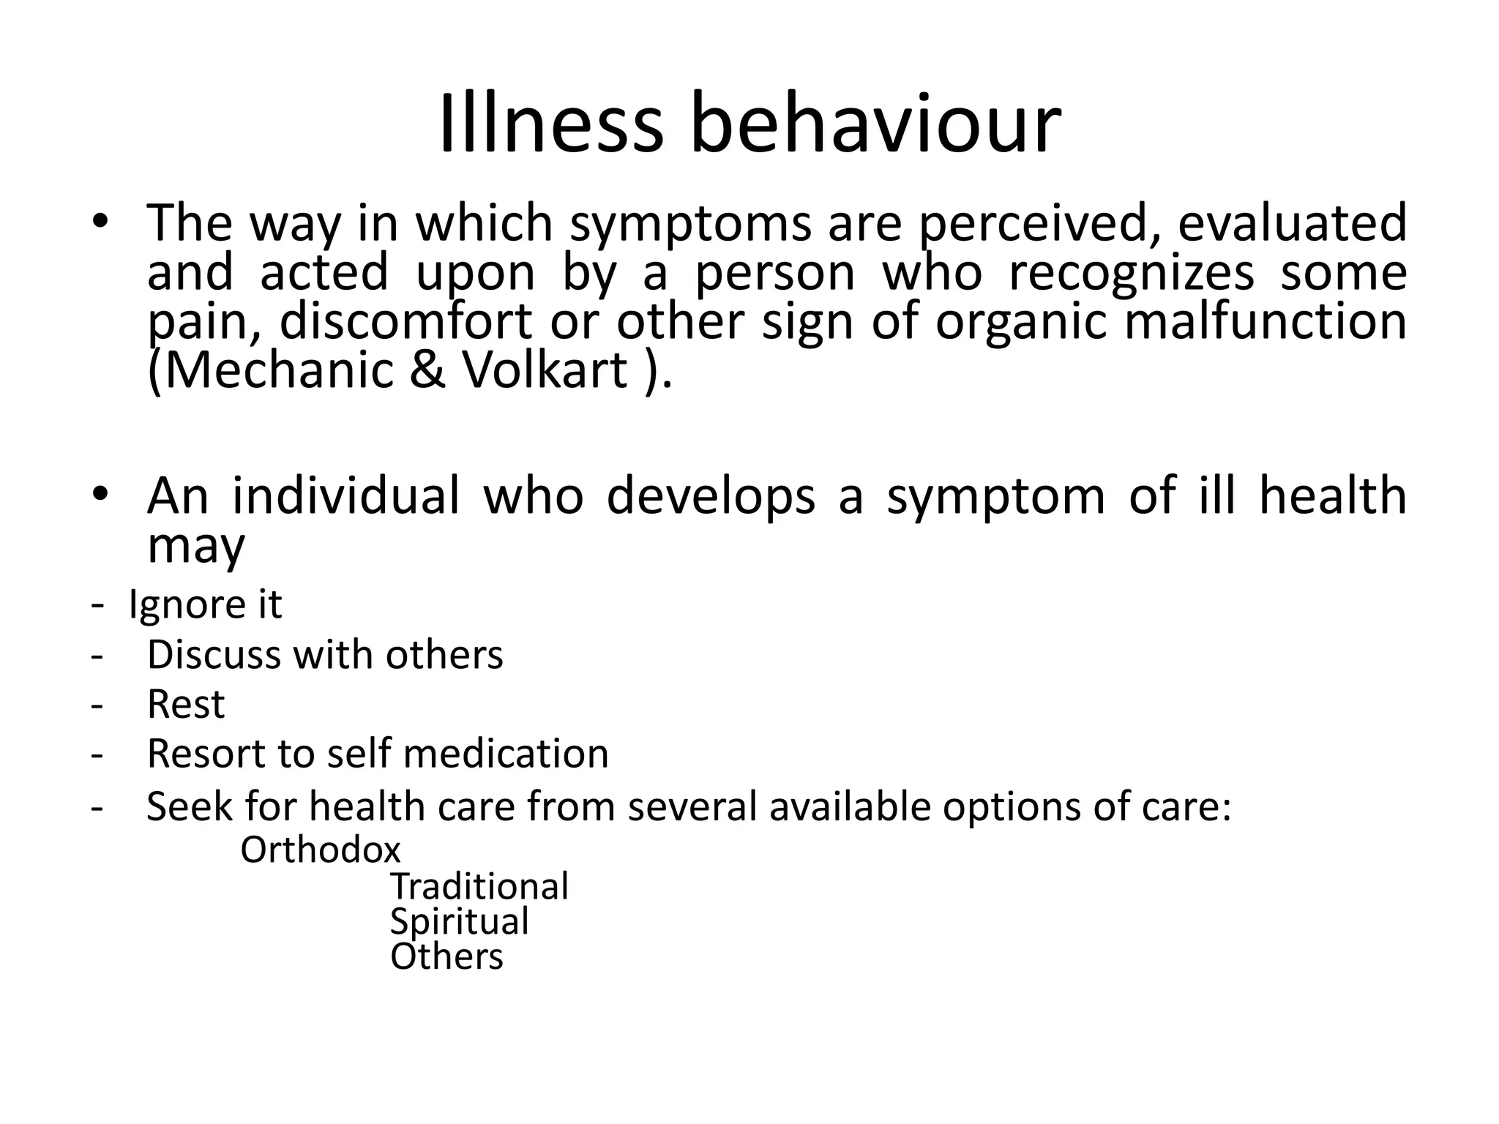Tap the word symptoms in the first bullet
(x=690, y=223)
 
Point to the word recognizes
(x=1131, y=271)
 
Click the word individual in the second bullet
(x=346, y=495)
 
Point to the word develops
(x=711, y=495)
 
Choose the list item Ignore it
(x=205, y=604)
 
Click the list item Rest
(x=186, y=704)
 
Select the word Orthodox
(x=321, y=850)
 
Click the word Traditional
(x=479, y=886)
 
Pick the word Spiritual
(x=459, y=921)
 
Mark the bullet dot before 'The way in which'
(x=100, y=222)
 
